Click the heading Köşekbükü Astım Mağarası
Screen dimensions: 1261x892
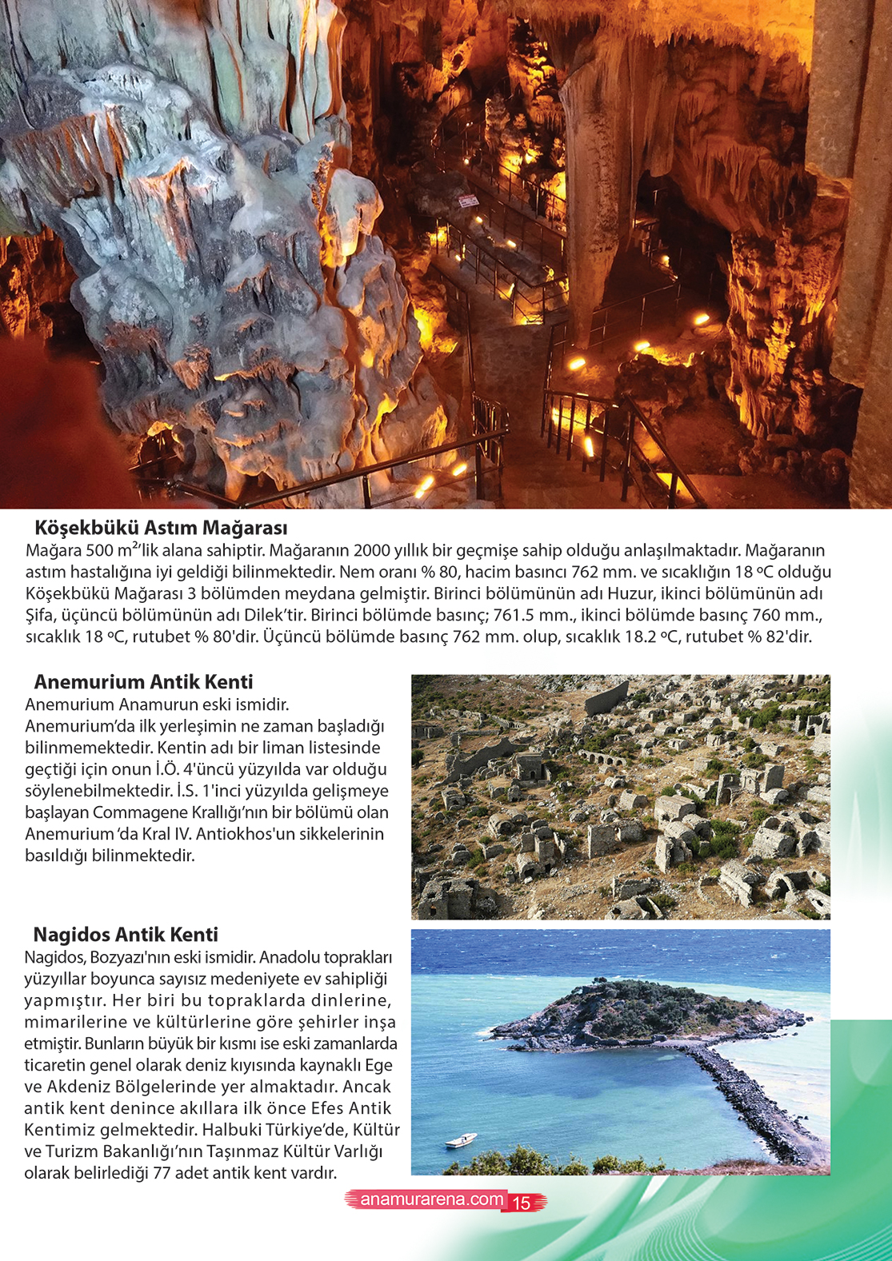[161, 528]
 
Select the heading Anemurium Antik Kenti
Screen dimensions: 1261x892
[143, 682]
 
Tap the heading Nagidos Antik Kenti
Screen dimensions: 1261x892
[126, 935]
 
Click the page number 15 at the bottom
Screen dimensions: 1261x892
[522, 1203]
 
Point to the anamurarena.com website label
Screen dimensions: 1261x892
[431, 1199]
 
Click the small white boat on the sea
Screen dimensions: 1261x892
[461, 1140]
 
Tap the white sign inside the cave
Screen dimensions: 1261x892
[469, 202]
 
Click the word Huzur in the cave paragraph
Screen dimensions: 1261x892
[629, 594]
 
